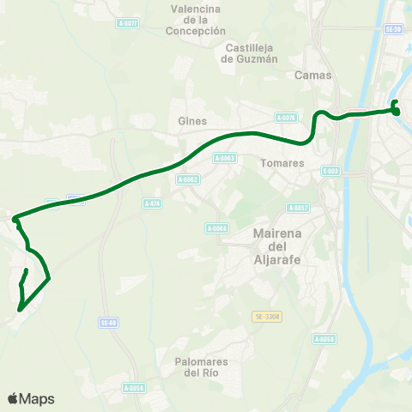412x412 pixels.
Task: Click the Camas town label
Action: [312, 76]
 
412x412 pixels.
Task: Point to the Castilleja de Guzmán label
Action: [250, 53]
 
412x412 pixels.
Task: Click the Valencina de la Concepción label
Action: [196, 20]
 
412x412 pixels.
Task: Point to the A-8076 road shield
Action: [286, 118]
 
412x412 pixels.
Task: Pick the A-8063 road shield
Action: [225, 158]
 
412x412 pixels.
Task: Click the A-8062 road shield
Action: [187, 179]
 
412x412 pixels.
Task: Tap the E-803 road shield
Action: [331, 171]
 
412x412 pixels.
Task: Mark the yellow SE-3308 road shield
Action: [267, 317]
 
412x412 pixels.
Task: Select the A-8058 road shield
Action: [323, 339]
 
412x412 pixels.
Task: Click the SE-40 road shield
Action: [107, 323]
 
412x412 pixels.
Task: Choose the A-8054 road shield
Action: [133, 388]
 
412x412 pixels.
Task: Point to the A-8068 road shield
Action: [217, 227]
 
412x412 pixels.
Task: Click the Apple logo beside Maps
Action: [13, 399]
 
